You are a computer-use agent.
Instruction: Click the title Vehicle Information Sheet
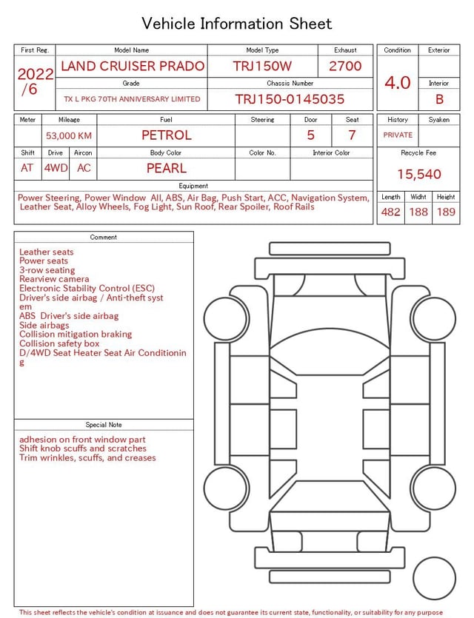(237, 24)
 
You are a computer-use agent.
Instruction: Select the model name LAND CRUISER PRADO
(133, 66)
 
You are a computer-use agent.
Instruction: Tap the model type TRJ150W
(262, 66)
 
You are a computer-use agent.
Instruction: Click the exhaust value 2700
(345, 66)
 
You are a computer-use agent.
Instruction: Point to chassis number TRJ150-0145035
(290, 99)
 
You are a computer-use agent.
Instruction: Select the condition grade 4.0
(398, 83)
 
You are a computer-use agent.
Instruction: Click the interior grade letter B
(439, 99)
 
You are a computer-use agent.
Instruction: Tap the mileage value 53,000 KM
(69, 135)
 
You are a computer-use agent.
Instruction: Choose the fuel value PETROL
(166, 135)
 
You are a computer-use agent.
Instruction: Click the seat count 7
(352, 135)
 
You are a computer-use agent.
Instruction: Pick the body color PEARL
(166, 168)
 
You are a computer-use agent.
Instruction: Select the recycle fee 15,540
(418, 175)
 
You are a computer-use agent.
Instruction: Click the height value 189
(446, 212)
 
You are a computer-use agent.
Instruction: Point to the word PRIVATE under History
(398, 135)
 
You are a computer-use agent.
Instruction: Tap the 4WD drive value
(56, 168)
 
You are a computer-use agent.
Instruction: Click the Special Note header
(104, 425)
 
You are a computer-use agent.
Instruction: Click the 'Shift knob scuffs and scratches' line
(83, 449)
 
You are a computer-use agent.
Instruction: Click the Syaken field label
(439, 119)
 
